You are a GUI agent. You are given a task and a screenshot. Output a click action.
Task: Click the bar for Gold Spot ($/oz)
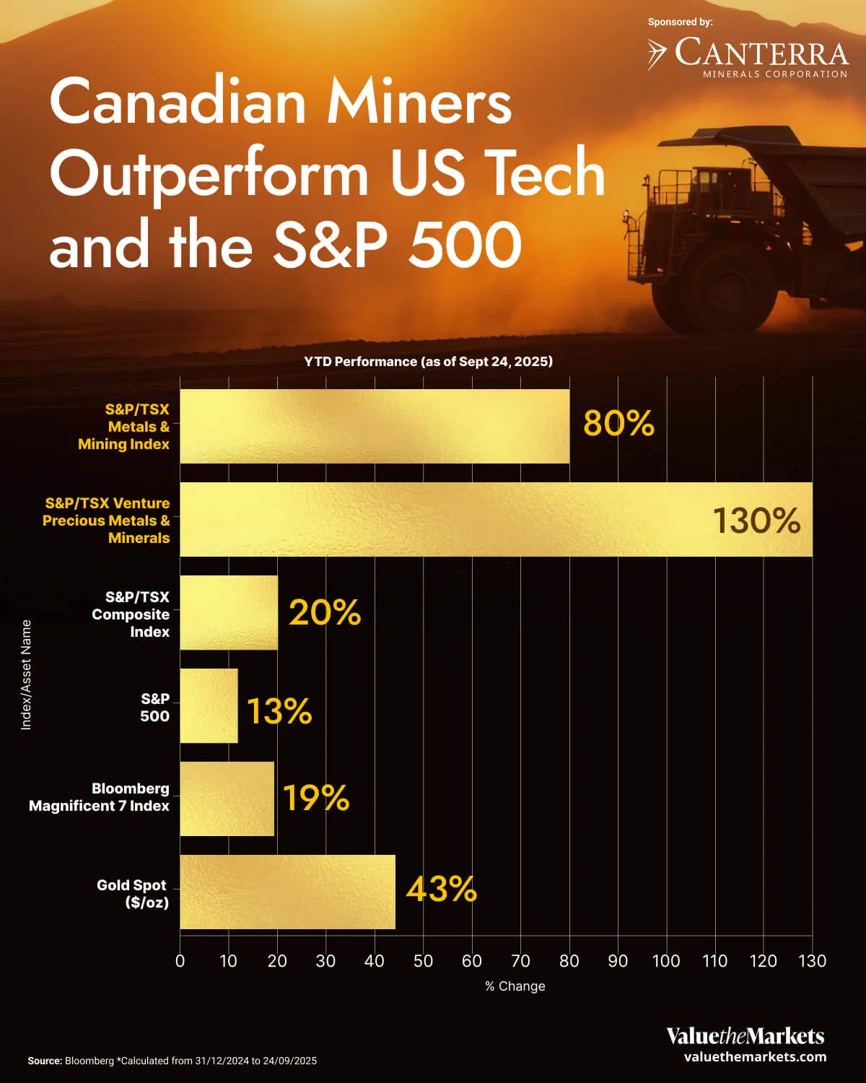[x=287, y=892]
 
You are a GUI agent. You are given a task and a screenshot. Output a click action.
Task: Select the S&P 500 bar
[x=209, y=705]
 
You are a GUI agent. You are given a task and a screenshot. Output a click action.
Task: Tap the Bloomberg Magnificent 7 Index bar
[x=227, y=799]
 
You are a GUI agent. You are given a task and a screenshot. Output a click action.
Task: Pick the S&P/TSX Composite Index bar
[x=228, y=612]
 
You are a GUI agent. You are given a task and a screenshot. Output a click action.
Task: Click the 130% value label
[x=756, y=521]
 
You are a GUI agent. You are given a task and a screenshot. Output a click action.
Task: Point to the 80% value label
[x=618, y=424]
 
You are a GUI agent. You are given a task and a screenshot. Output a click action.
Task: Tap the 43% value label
[x=441, y=889]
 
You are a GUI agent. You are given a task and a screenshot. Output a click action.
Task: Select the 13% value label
[x=279, y=711]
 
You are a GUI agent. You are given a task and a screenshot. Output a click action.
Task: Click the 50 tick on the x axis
[x=423, y=961]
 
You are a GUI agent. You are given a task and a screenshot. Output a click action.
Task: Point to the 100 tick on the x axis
[x=666, y=961]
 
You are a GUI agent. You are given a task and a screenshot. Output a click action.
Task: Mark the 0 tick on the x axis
[x=180, y=961]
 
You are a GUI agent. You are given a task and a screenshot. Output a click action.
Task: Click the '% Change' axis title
[x=515, y=986]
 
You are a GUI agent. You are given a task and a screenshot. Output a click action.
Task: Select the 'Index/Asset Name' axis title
[x=26, y=674]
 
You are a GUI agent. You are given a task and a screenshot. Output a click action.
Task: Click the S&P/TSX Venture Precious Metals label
[x=106, y=521]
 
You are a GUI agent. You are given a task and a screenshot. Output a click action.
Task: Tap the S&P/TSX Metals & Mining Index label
[x=123, y=427]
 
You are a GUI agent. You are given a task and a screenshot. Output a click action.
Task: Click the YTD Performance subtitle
[x=428, y=362]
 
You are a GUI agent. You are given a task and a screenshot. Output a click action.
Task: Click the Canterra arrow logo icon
[x=656, y=54]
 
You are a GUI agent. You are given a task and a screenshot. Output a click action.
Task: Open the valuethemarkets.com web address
[x=755, y=1057]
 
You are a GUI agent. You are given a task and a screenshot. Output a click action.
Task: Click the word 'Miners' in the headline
[x=419, y=102]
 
